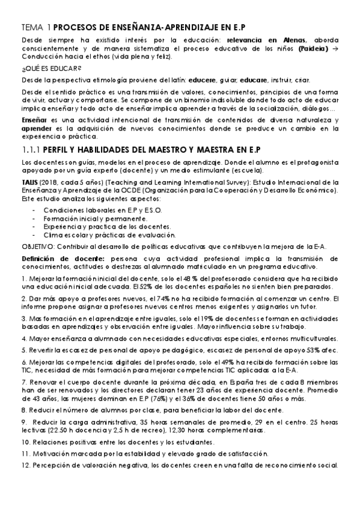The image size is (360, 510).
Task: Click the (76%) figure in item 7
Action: click(x=160, y=400)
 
